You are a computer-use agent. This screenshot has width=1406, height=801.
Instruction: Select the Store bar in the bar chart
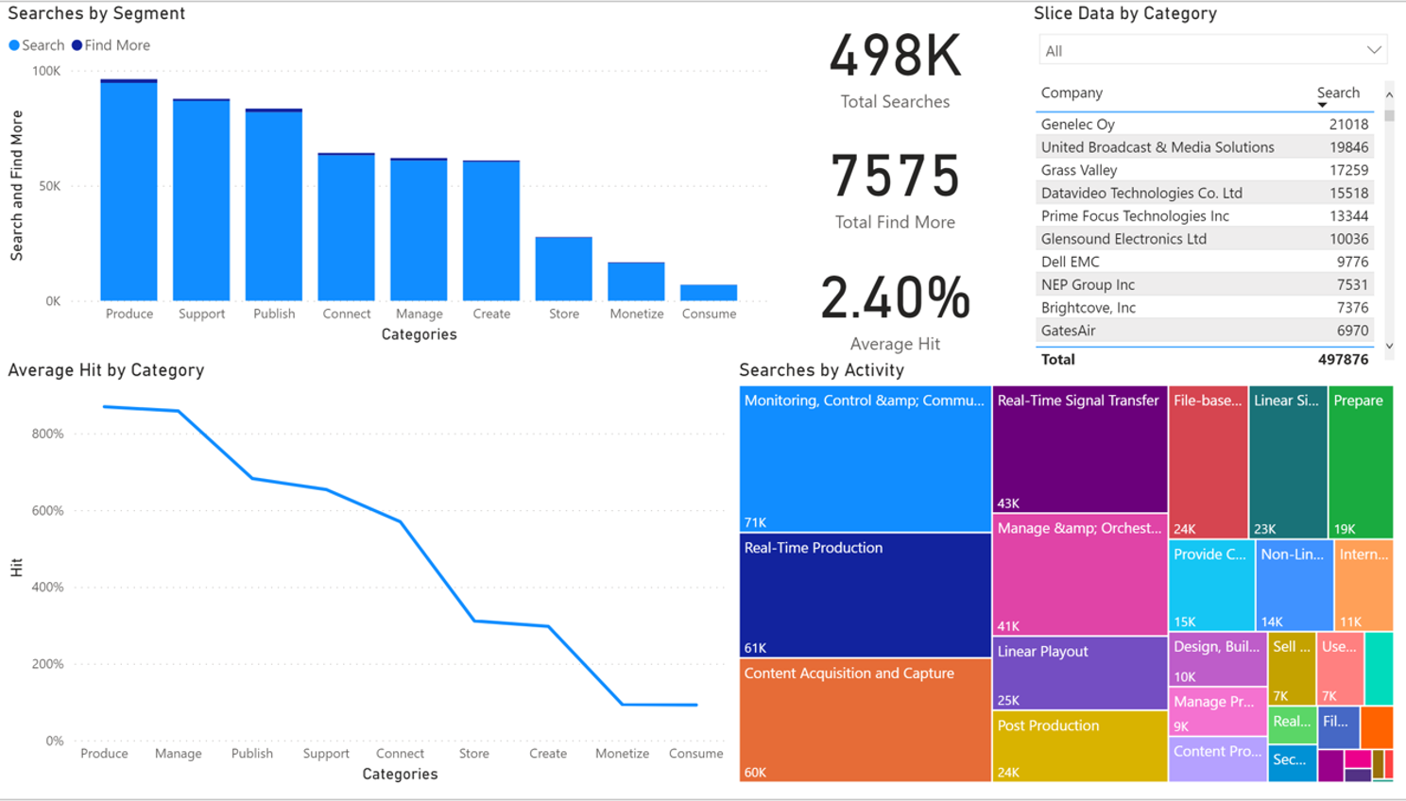click(x=563, y=269)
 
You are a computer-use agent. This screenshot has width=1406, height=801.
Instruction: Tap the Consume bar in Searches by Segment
click(x=709, y=293)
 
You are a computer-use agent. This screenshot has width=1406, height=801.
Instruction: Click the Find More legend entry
click(x=116, y=45)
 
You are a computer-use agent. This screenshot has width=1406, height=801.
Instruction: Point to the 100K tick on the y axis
click(x=46, y=71)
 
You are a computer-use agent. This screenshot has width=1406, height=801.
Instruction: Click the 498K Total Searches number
click(x=895, y=57)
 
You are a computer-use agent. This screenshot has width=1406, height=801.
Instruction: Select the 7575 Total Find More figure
click(x=895, y=177)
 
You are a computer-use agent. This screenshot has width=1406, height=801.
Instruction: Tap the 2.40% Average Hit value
click(x=895, y=298)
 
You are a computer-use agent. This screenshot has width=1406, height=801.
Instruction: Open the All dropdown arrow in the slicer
click(x=1374, y=50)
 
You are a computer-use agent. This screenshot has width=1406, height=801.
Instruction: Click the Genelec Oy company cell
click(x=1078, y=124)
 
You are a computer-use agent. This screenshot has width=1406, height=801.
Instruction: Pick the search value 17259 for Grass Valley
click(x=1348, y=170)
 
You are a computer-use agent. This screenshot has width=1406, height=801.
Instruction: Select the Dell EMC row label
click(x=1070, y=262)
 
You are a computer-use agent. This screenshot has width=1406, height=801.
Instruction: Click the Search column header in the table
click(x=1338, y=93)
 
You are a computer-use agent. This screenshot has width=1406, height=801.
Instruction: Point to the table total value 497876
click(x=1343, y=359)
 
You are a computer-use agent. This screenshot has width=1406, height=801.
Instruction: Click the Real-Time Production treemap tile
click(x=865, y=595)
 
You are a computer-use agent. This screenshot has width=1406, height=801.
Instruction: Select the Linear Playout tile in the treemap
click(x=1079, y=673)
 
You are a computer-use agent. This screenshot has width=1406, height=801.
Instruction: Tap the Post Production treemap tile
click(x=1079, y=746)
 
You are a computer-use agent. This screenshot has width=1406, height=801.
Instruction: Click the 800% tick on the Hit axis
click(x=47, y=434)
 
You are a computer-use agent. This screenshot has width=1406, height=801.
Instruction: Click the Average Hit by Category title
click(x=106, y=370)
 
